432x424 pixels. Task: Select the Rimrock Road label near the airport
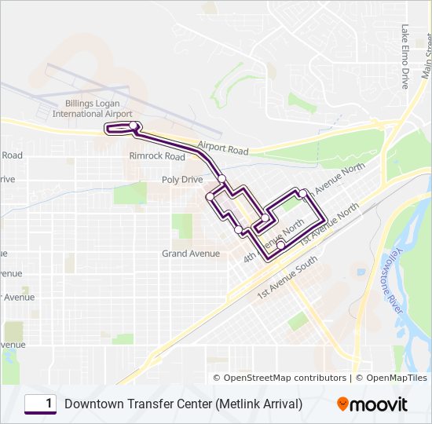(157, 156)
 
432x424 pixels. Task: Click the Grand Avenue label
(185, 254)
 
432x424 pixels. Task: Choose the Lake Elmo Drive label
(405, 56)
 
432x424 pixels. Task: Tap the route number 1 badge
(40, 404)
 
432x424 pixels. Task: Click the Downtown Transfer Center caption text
(184, 404)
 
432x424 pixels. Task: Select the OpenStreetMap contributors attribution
(285, 378)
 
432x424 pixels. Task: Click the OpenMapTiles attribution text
(392, 378)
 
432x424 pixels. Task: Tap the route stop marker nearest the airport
(134, 126)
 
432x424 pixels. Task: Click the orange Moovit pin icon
(343, 404)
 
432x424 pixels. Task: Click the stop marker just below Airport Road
(222, 177)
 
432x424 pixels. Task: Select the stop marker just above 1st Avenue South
(280, 244)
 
